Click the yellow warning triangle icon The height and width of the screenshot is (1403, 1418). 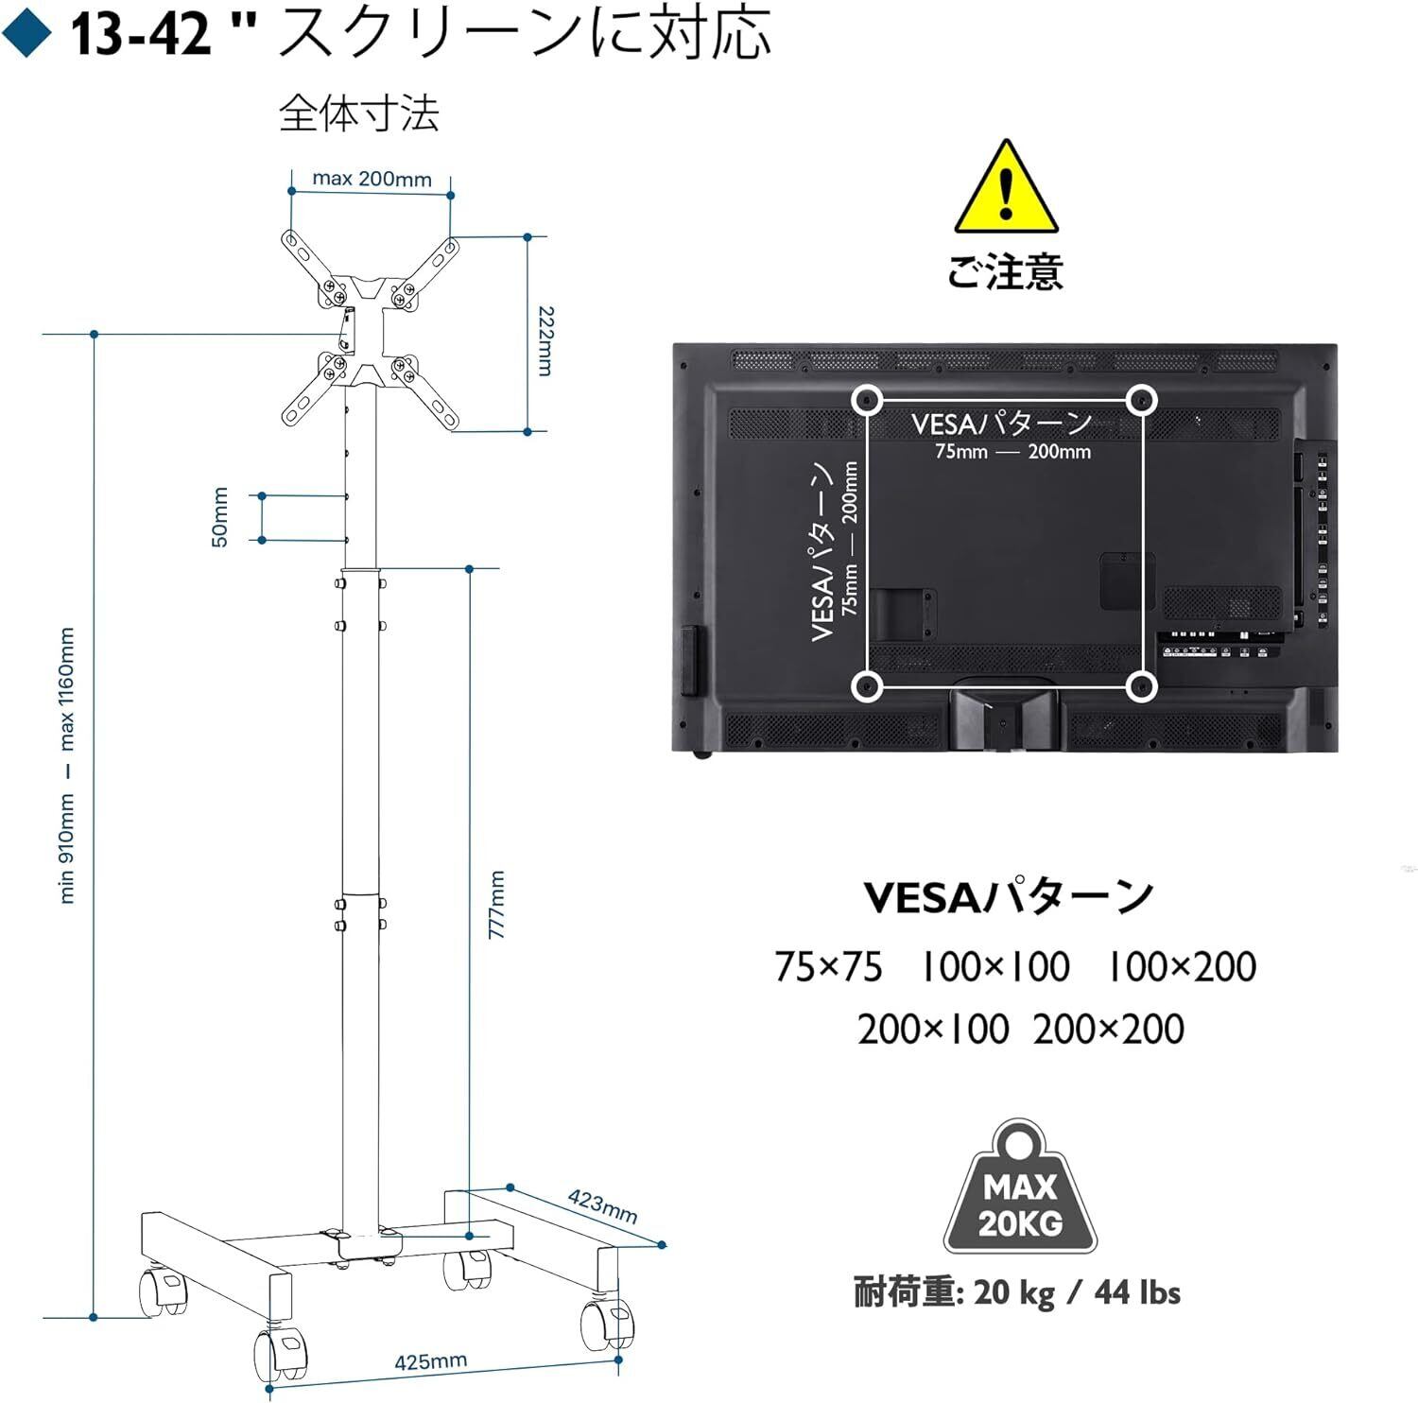(1006, 188)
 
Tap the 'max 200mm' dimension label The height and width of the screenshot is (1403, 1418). (372, 179)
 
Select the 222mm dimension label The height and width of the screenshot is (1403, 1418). (545, 340)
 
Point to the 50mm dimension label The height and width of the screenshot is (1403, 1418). (219, 517)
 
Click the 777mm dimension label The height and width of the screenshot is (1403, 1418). (497, 905)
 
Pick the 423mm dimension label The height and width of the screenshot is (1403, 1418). (602, 1205)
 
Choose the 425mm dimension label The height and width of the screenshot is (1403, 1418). (430, 1361)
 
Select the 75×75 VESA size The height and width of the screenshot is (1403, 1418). (828, 967)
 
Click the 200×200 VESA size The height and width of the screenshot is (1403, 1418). (1108, 1030)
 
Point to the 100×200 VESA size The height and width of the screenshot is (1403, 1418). (1181, 967)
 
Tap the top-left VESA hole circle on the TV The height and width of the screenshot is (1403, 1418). (865, 400)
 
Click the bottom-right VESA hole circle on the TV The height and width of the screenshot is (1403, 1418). (1142, 685)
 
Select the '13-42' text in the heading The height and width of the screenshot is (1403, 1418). (142, 35)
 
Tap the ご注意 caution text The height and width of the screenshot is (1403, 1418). (1006, 272)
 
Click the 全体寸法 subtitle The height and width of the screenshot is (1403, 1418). (359, 114)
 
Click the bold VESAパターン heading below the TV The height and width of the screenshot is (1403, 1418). (1009, 897)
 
